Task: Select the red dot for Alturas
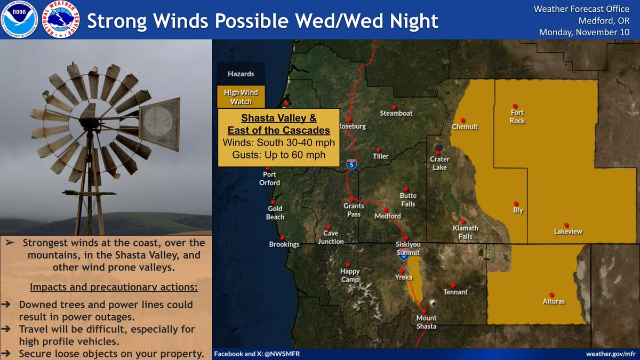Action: click(x=551, y=293)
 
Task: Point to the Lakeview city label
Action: click(x=568, y=231)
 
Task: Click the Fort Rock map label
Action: click(x=517, y=116)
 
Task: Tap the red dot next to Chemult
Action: click(x=463, y=120)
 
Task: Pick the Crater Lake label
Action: click(x=440, y=163)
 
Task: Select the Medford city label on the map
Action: click(x=387, y=217)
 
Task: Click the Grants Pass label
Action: click(x=353, y=210)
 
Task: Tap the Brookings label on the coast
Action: click(x=284, y=244)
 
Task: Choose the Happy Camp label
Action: click(x=350, y=275)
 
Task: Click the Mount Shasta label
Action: click(x=426, y=322)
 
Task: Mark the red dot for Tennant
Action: click(x=453, y=285)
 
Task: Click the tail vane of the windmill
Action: click(x=159, y=124)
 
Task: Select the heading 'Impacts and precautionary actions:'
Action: click(x=114, y=287)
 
